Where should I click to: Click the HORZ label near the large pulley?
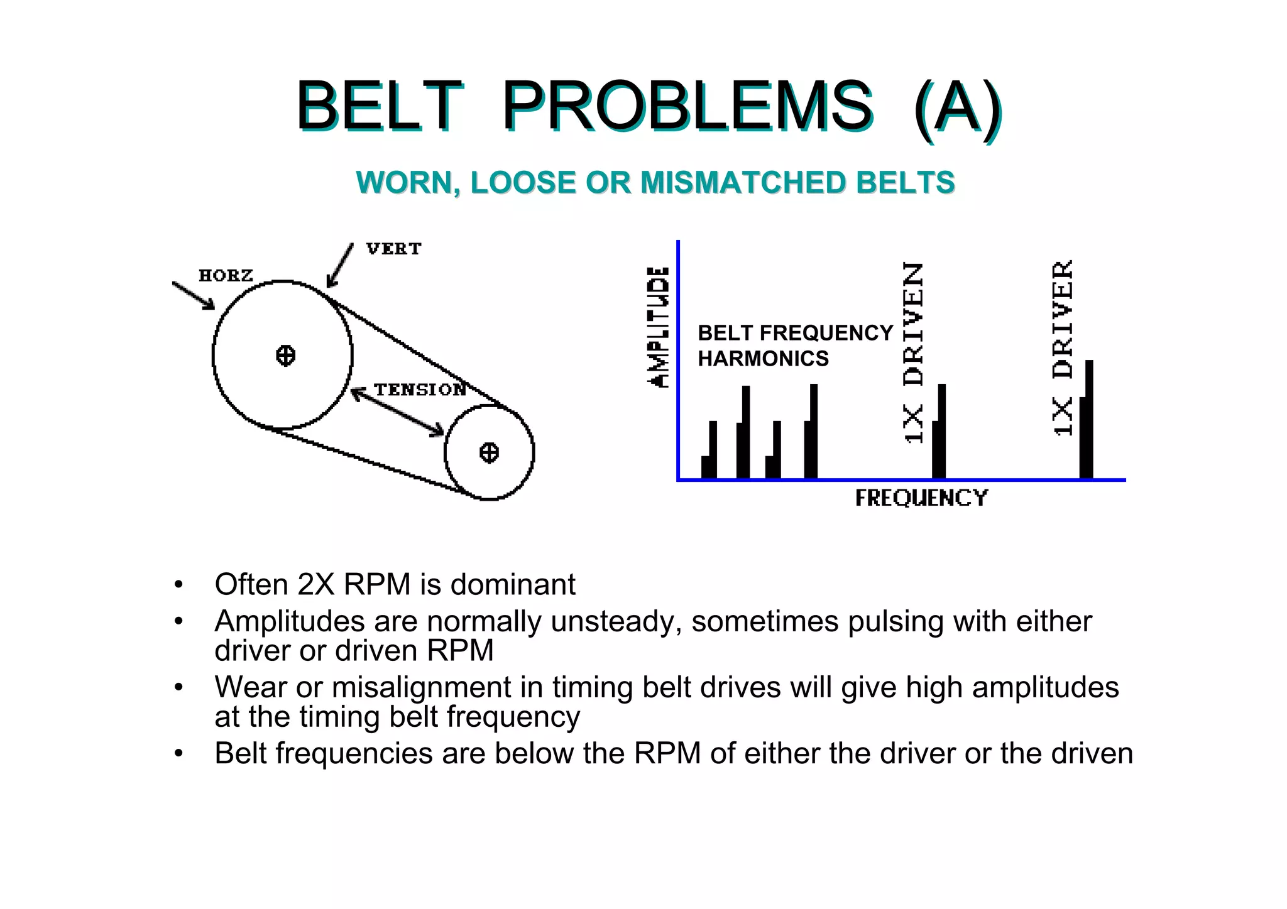[x=226, y=275]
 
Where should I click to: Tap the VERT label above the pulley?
[x=393, y=249]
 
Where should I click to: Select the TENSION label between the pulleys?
[x=420, y=389]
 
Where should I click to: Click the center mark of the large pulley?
[x=285, y=356]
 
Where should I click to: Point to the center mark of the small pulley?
[x=489, y=452]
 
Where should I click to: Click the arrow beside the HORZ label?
[x=194, y=295]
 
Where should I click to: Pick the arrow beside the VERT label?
[x=340, y=266]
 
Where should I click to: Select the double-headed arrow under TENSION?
[x=397, y=412]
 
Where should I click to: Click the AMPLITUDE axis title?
[x=658, y=327]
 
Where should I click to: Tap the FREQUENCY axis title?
[x=921, y=498]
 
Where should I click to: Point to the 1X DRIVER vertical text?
[x=1062, y=347]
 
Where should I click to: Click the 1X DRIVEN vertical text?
[x=913, y=352]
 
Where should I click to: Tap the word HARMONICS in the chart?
[x=763, y=359]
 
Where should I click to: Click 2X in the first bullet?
[x=316, y=584]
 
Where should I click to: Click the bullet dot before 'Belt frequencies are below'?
[x=179, y=754]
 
